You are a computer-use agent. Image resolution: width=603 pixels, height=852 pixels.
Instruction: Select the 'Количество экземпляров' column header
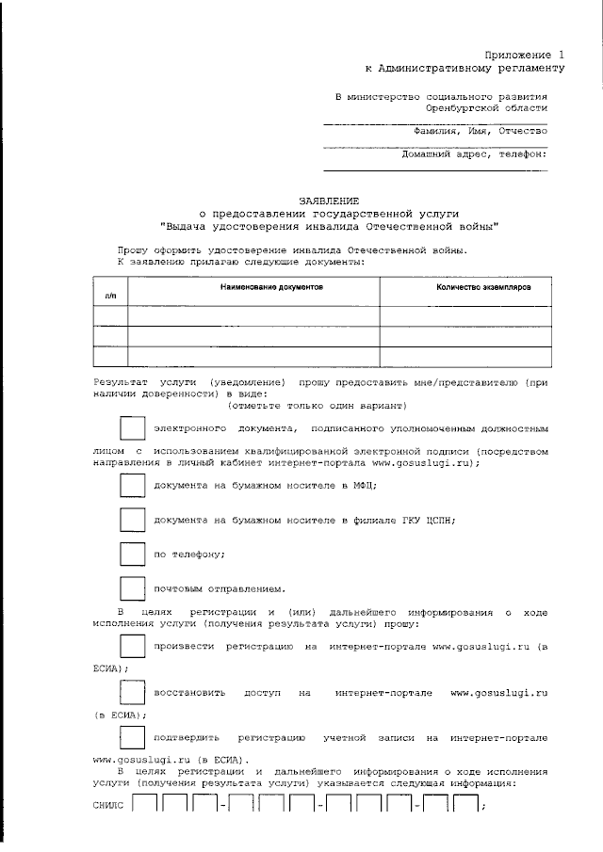point(484,285)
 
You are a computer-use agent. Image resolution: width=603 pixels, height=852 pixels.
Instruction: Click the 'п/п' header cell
point(110,296)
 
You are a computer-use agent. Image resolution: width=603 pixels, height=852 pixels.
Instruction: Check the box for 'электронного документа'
point(132,427)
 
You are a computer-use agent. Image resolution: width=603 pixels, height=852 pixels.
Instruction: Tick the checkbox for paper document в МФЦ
point(132,485)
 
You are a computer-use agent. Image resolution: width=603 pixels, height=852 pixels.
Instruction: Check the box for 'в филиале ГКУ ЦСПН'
point(132,519)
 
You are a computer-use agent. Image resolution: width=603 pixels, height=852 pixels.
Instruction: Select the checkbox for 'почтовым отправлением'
point(132,587)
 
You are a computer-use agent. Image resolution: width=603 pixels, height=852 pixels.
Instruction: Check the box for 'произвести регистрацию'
point(132,647)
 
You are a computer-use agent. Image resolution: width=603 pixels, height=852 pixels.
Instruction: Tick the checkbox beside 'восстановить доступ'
point(132,692)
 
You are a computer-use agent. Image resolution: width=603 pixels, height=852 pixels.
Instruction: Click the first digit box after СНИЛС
point(144,807)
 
